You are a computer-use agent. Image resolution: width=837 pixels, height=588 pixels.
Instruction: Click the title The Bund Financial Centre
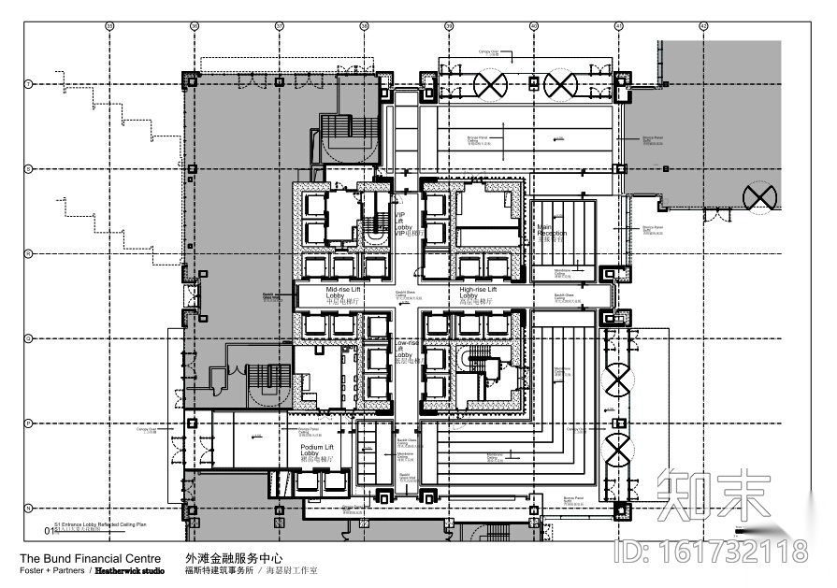(x=90, y=559)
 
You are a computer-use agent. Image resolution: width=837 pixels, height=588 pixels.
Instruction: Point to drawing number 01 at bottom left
(x=50, y=531)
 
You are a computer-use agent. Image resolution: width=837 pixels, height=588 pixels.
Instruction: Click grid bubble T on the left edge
(x=28, y=84)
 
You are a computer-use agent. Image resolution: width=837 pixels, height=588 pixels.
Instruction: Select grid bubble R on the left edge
(x=28, y=253)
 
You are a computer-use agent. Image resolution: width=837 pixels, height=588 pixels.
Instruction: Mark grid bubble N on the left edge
(x=28, y=508)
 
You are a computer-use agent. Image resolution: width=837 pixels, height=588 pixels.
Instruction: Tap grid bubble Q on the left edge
(x=28, y=337)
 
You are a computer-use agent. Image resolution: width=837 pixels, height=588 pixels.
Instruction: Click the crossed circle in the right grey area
(x=759, y=198)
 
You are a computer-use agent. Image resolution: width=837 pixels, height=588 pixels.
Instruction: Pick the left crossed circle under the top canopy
(x=489, y=87)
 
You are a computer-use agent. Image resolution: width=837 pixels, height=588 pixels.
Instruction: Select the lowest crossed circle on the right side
(x=618, y=452)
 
